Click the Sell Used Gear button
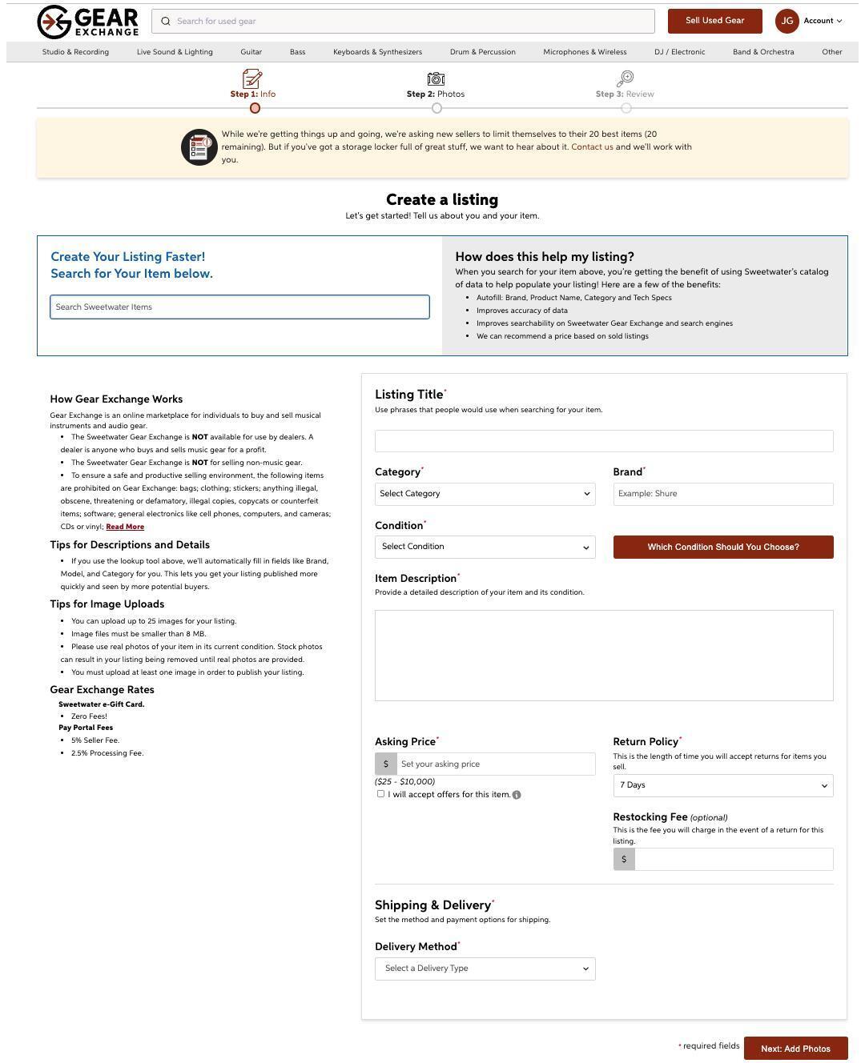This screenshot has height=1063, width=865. coord(714,21)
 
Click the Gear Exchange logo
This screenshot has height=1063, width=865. coord(88,22)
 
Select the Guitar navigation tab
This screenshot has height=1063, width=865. coord(251,52)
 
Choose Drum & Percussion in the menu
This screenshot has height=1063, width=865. coord(482,52)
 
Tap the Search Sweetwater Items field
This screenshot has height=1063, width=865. coord(239,307)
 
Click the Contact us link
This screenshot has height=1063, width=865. coord(592,147)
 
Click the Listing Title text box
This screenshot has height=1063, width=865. coord(604,441)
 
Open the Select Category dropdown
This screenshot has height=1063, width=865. coord(485,494)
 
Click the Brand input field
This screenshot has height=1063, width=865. coord(722,494)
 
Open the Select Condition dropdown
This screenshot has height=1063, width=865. coord(485,547)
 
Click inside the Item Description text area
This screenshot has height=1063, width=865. coord(604,656)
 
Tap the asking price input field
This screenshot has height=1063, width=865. coord(495,764)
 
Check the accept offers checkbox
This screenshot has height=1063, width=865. coord(380,794)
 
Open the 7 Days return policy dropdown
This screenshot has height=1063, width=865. coord(722,785)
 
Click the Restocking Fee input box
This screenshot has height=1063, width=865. coord(733,860)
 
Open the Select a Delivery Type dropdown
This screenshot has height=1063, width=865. coord(485,969)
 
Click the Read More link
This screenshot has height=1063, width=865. coord(125,527)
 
